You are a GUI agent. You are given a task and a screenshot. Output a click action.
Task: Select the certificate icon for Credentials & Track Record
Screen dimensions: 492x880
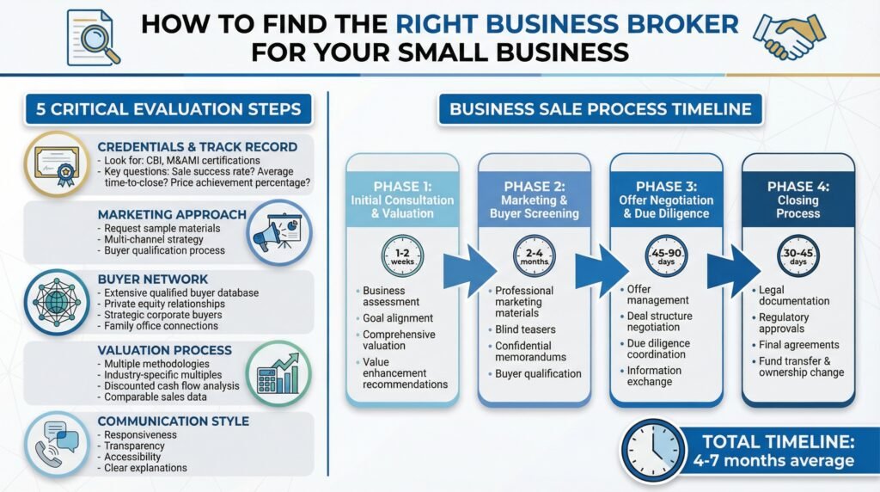tap(55, 163)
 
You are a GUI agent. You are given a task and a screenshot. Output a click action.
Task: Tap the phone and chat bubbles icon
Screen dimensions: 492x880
tap(55, 445)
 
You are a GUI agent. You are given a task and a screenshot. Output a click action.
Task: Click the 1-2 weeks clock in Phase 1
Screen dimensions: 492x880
tap(402, 256)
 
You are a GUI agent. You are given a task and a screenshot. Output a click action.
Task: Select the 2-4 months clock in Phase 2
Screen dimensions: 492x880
tap(535, 256)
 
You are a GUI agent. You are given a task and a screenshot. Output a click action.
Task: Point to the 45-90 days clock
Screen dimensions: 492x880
tap(666, 256)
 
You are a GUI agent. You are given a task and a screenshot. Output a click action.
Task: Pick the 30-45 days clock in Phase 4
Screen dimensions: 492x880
tap(797, 256)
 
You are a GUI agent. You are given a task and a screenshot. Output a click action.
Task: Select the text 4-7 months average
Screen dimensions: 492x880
tap(773, 461)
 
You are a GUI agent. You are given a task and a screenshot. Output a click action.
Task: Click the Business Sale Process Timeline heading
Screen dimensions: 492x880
tap(600, 109)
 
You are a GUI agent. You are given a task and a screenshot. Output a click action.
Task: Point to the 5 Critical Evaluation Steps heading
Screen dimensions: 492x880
tap(168, 109)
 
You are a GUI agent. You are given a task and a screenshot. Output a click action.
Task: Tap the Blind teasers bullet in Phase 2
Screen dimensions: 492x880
tap(525, 329)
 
